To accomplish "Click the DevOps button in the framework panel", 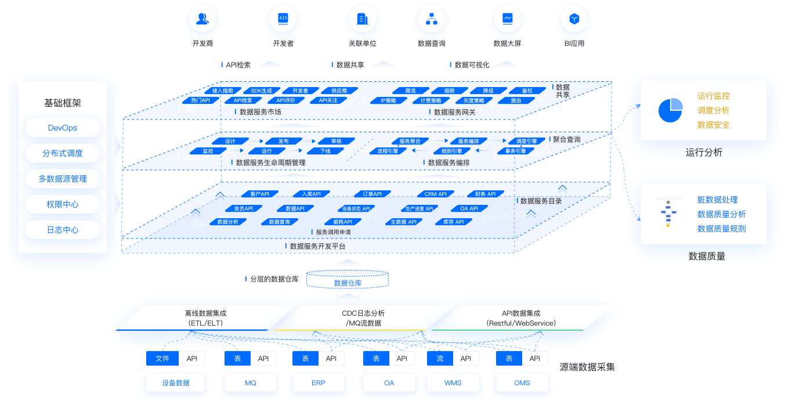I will click(x=63, y=128).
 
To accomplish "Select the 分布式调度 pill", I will click(x=63, y=153).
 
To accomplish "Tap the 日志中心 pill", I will click(x=63, y=230).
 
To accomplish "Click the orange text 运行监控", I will click(x=713, y=96).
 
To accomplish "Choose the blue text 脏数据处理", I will click(x=717, y=200).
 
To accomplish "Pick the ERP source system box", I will click(x=318, y=383).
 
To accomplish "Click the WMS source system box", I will click(x=453, y=383).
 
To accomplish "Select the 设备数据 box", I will click(x=175, y=383).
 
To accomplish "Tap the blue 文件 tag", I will click(x=162, y=359).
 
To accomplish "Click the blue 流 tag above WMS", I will click(x=440, y=359).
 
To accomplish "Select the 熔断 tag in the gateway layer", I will click(x=449, y=91).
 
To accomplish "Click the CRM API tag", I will click(x=435, y=194).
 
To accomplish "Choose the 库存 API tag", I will click(x=453, y=222).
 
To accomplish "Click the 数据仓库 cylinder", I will click(x=348, y=283).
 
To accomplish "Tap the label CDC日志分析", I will click(x=363, y=313).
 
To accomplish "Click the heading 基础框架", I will click(x=63, y=103).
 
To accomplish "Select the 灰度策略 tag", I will click(x=473, y=100).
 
